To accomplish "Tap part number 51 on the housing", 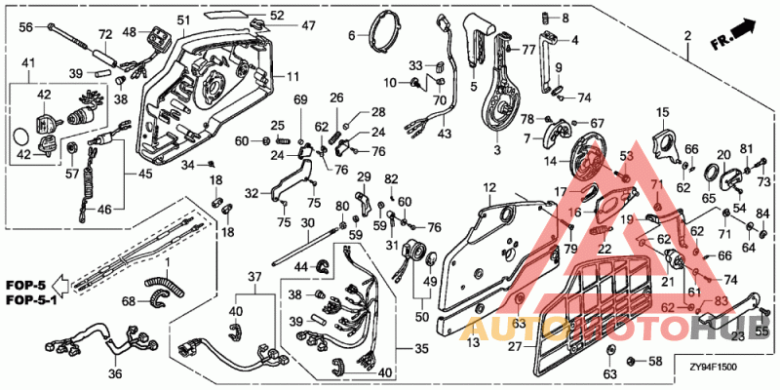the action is click(x=184, y=20).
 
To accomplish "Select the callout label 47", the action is click(x=281, y=26).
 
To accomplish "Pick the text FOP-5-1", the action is click(x=27, y=300).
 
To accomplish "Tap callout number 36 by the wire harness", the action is click(x=114, y=373).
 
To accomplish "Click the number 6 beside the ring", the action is click(x=352, y=37).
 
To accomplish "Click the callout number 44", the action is click(x=301, y=266).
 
